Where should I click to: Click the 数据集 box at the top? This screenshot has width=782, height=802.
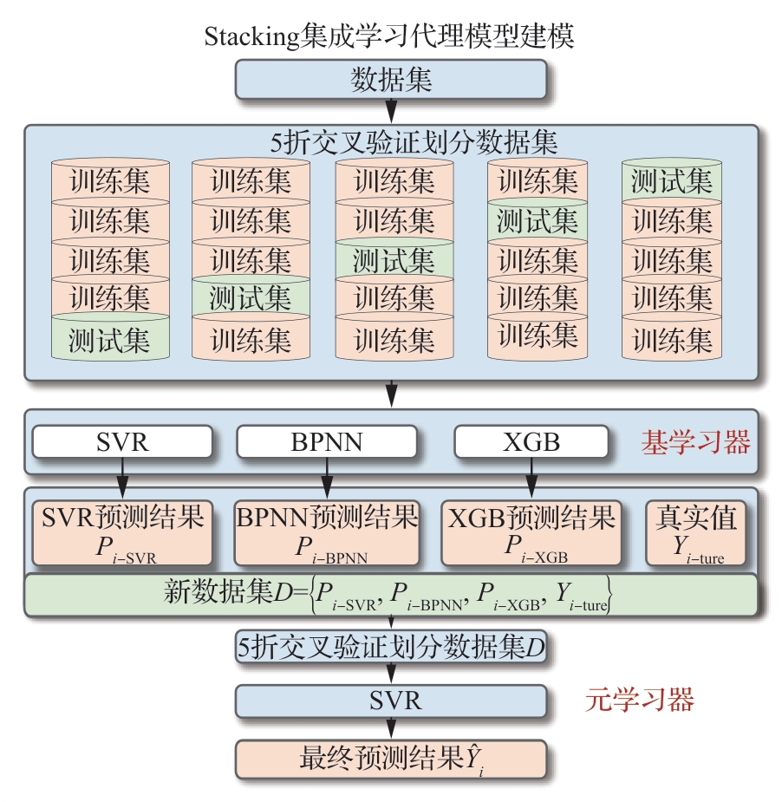pyautogui.click(x=391, y=82)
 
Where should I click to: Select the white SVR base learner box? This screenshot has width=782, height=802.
pyautogui.click(x=122, y=442)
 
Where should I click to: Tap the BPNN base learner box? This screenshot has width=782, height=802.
pyautogui.click(x=326, y=442)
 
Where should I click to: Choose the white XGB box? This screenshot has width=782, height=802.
pyautogui.click(x=531, y=442)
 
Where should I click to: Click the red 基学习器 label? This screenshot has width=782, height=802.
pyautogui.click(x=695, y=443)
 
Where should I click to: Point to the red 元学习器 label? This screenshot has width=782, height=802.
pyautogui.click(x=640, y=699)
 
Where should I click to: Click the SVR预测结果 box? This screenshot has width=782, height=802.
pyautogui.click(x=122, y=531)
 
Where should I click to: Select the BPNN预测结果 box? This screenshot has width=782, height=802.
pyautogui.click(x=327, y=531)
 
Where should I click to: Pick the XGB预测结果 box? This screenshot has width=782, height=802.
pyautogui.click(x=531, y=531)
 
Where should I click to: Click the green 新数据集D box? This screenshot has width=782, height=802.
pyautogui.click(x=391, y=593)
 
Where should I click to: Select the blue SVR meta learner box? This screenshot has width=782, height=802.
pyautogui.click(x=391, y=699)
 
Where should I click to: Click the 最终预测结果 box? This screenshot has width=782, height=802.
pyautogui.click(x=391, y=759)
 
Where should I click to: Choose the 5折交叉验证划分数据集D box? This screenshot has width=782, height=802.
pyautogui.click(x=391, y=647)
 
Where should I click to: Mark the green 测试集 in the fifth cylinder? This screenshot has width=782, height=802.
pyautogui.click(x=672, y=181)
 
